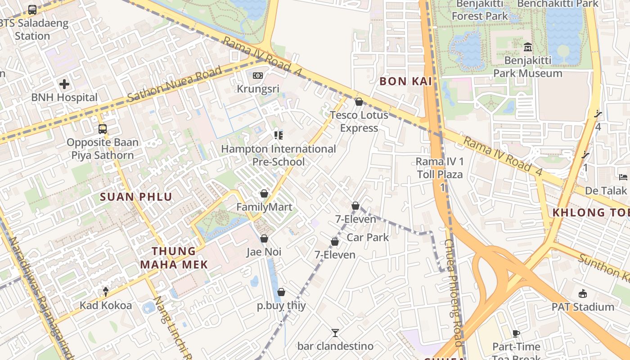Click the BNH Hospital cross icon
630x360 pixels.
[64, 84]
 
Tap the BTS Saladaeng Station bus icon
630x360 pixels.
[32, 9]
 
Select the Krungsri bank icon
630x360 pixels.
[258, 76]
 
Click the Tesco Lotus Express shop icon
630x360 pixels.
[359, 102]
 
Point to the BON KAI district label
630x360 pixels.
[405, 81]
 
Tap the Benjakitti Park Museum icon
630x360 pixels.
[528, 47]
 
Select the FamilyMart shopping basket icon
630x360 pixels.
[264, 194]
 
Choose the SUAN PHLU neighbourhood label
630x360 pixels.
[136, 197]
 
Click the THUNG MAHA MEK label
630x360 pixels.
[174, 258]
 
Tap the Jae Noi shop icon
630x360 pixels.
[264, 238]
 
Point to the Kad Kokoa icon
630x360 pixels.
[106, 292]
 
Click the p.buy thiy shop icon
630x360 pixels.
[281, 292]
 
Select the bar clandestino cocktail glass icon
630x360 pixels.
[335, 333]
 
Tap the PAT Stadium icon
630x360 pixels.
[583, 294]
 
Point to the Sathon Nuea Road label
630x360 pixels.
[175, 84]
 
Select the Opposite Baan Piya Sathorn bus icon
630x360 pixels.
[103, 129]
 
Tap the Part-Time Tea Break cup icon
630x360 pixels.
[516, 333]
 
